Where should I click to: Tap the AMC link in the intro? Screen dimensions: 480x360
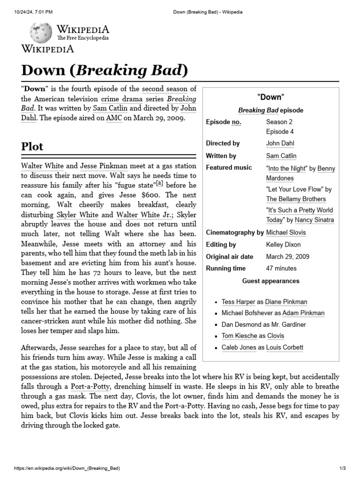pyautogui.click(x=114, y=118)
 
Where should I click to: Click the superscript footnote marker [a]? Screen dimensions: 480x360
pyautogui.click(x=159, y=183)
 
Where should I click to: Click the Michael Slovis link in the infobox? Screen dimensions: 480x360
pyautogui.click(x=286, y=232)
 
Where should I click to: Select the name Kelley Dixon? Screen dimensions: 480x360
pyautogui.click(x=283, y=245)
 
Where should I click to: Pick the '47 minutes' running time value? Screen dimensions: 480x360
pyautogui.click(x=281, y=269)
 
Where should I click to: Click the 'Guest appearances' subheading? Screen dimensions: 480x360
pyautogui.click(x=270, y=281)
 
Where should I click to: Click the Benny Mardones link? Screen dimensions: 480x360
pyautogui.click(x=300, y=173)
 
